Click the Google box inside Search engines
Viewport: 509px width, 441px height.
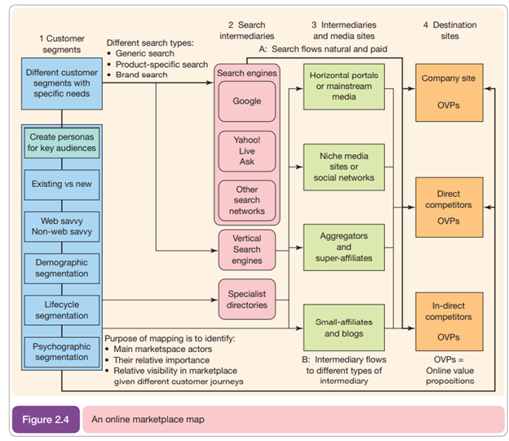(x=246, y=101)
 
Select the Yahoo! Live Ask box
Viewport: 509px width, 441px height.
(x=246, y=150)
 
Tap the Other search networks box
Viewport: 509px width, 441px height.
(x=246, y=200)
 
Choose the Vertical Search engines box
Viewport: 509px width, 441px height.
(x=246, y=248)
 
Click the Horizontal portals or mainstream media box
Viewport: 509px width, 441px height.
(x=343, y=87)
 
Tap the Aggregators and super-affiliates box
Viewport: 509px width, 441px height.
(x=343, y=247)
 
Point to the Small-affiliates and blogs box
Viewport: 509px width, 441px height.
(x=343, y=327)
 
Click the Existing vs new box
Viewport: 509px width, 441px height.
(x=63, y=184)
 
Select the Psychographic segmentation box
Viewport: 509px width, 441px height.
(x=63, y=351)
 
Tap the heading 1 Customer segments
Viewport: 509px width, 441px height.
(x=62, y=44)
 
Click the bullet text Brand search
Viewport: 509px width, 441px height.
(x=142, y=75)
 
